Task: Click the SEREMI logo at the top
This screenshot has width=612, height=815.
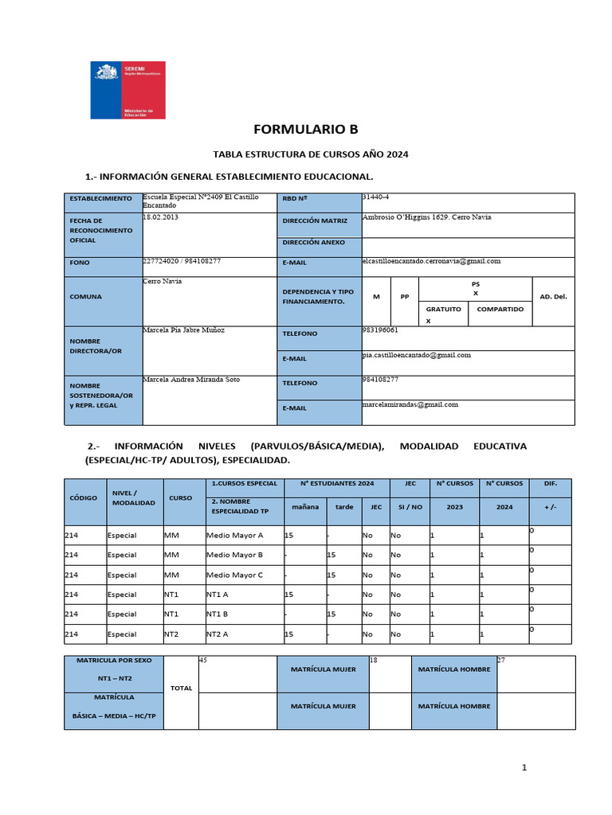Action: [x=127, y=90]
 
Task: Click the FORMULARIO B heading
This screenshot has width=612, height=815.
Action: [x=305, y=130]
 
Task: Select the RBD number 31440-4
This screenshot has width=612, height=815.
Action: [x=376, y=197]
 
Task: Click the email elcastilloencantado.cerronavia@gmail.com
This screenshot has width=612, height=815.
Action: [x=430, y=261]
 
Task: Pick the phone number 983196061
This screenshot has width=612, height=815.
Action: [x=380, y=330]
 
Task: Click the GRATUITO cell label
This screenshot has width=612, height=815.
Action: [x=443, y=309]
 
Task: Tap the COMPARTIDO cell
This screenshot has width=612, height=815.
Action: [x=500, y=309]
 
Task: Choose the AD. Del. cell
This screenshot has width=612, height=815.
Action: [x=553, y=296]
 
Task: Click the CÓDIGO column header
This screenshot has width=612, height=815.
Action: [x=83, y=497]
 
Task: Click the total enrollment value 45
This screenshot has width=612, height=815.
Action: [x=202, y=660]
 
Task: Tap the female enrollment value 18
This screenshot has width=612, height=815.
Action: [x=373, y=660]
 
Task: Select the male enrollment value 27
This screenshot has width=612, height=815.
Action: [x=500, y=660]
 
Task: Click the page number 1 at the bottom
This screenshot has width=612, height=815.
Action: [x=524, y=767]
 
